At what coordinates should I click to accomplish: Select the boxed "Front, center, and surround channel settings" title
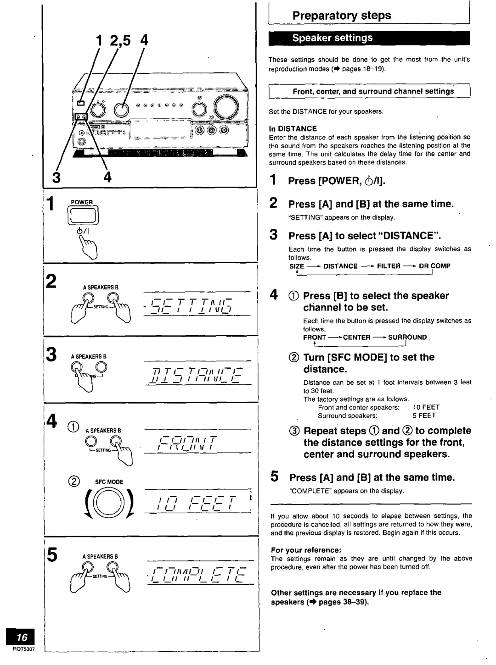click(x=373, y=91)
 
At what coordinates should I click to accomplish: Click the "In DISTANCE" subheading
click(x=293, y=129)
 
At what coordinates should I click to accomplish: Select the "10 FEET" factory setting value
click(x=426, y=407)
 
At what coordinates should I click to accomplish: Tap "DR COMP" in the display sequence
click(x=434, y=266)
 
